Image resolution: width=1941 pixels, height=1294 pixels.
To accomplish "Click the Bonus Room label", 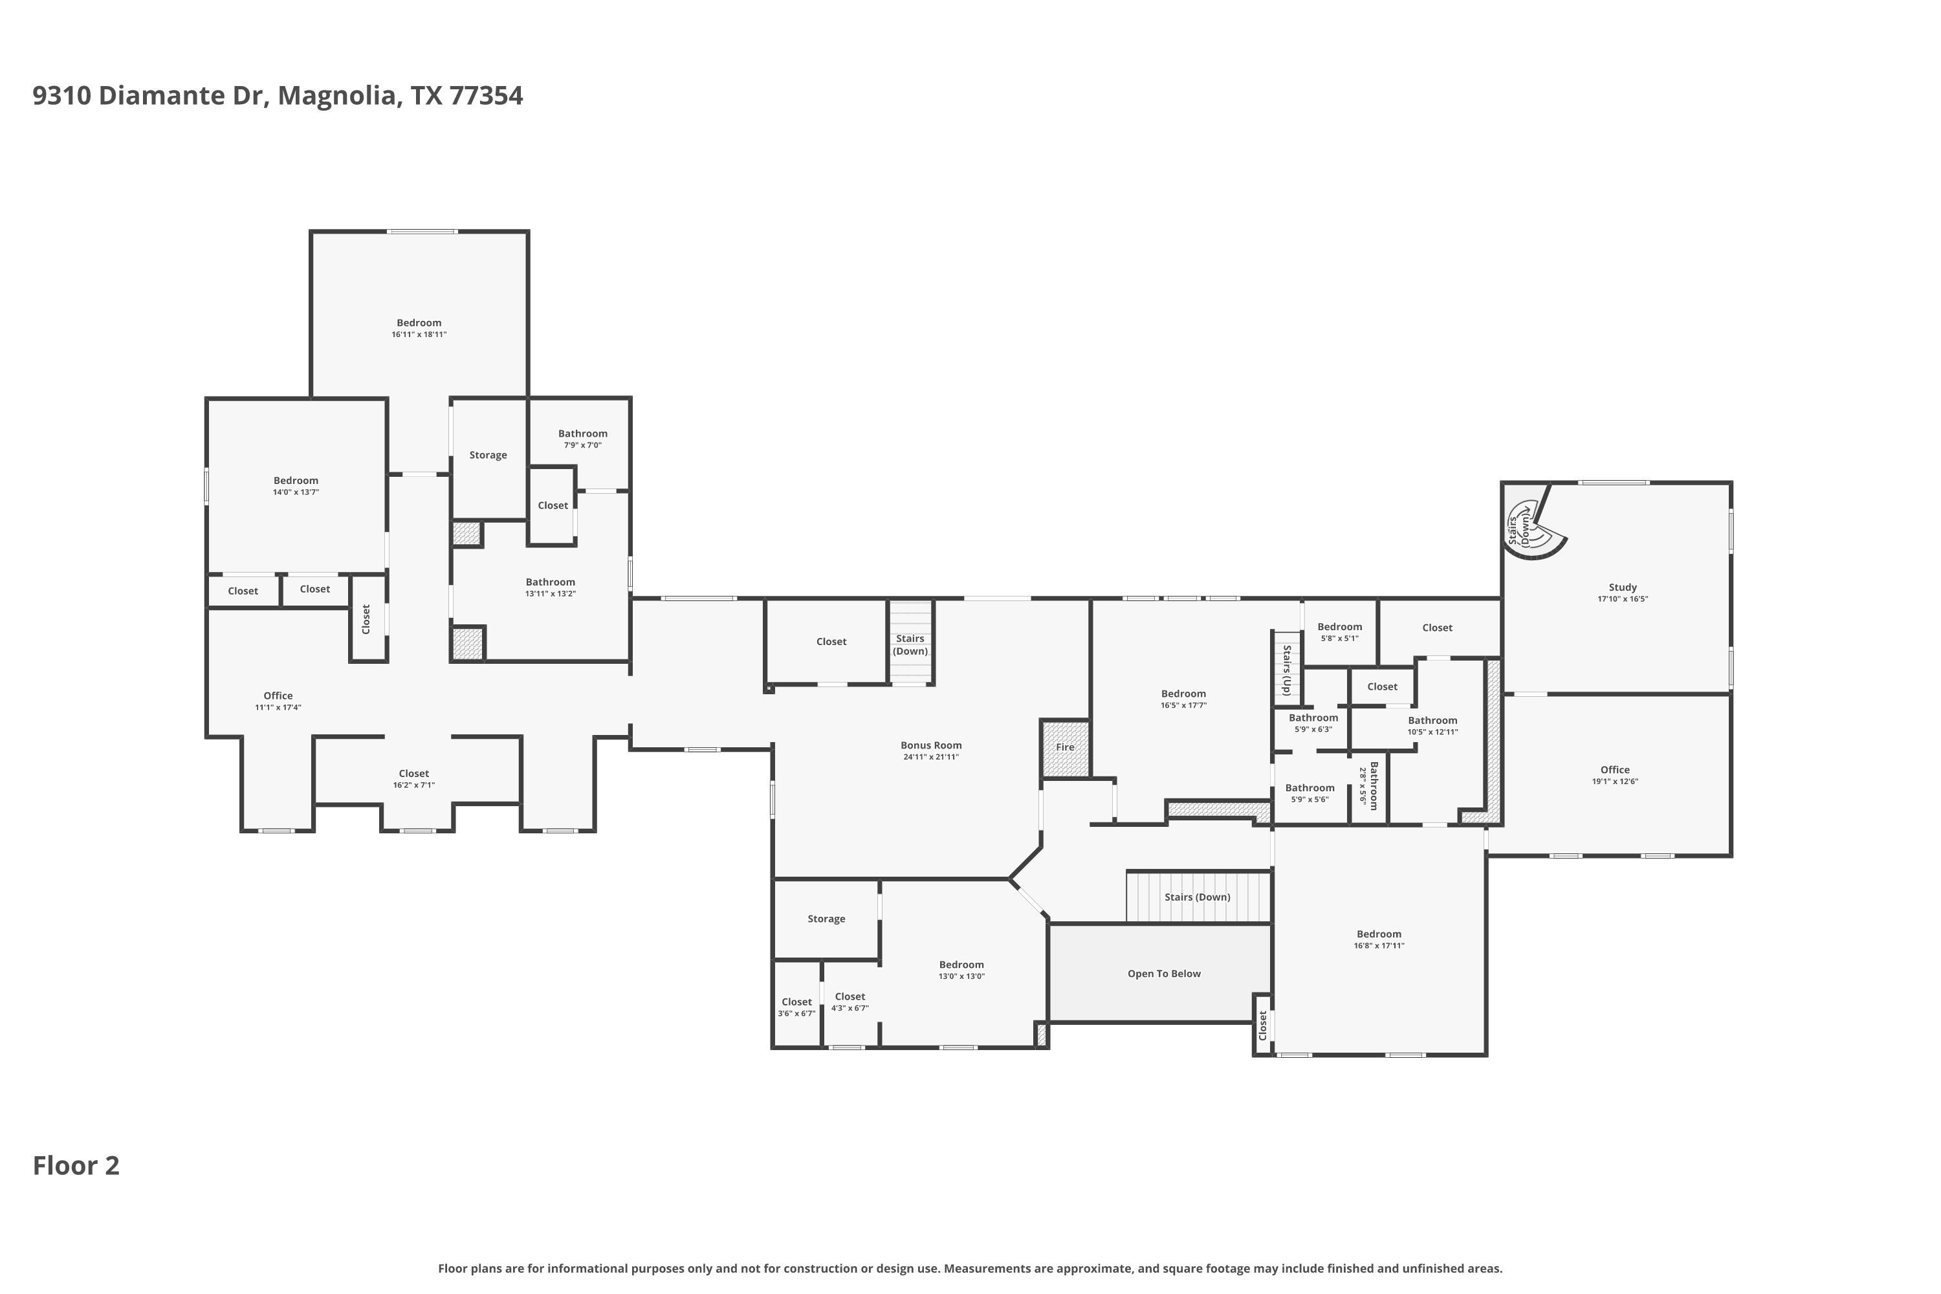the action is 931,745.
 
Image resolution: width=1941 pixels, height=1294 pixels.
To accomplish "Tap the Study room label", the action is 1623,587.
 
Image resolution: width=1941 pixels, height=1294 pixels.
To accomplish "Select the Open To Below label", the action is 1163,974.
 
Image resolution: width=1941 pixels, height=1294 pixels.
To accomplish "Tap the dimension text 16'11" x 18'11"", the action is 419,334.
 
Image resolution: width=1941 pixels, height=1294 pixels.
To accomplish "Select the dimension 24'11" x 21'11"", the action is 931,757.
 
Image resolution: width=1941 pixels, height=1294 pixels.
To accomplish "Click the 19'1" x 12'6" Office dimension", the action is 1615,782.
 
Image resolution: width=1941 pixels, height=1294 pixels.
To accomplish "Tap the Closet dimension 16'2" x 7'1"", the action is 413,785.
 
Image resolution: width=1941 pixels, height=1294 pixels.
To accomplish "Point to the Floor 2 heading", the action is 76,1165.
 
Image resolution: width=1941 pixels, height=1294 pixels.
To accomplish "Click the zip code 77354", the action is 486,96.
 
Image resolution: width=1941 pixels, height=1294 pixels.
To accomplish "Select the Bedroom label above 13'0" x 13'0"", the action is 961,965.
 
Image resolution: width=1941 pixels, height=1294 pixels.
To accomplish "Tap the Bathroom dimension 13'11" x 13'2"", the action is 551,593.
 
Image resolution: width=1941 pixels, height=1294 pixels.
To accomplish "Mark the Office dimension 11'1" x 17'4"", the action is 278,707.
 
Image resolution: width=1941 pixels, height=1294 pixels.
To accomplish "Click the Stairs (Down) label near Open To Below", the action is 1198,897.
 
